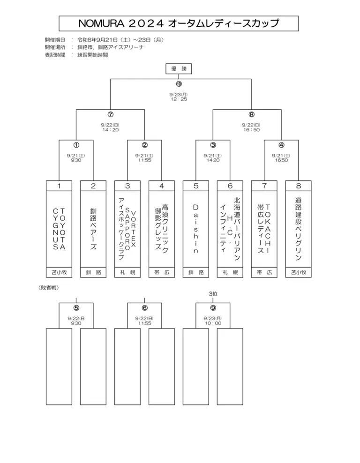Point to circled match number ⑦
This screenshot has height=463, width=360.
pos(110,114)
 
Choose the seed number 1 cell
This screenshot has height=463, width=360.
pos(59,186)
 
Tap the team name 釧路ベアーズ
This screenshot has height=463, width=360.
pos(93,229)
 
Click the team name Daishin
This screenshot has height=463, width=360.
pos(196,229)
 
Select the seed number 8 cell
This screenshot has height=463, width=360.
pos(299,186)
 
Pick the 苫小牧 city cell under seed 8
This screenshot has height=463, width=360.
pos(299,272)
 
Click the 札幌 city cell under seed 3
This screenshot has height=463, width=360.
pos(127,272)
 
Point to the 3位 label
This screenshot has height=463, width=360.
pos(213,294)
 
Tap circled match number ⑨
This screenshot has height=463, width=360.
pos(213,308)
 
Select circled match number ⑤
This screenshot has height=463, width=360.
pos(76,308)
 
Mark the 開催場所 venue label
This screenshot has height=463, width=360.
pos(54,47)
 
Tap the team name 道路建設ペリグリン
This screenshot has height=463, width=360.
pos(299,229)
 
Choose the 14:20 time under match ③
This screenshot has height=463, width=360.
pos(213,160)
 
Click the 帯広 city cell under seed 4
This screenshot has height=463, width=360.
pos(162,272)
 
